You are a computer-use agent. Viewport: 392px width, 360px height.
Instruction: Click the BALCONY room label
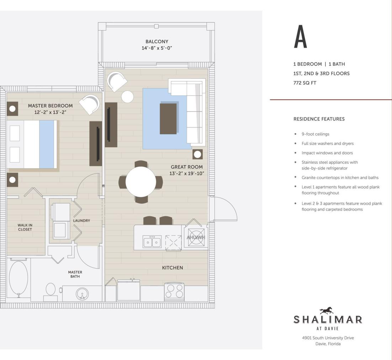point(157,41)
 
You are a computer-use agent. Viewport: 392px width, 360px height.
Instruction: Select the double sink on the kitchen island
point(152,242)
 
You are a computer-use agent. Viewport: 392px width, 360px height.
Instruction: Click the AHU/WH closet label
point(196,238)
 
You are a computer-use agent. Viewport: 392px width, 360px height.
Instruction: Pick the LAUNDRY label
point(81,221)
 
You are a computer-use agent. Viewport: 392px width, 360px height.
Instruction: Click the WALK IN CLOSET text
point(25,227)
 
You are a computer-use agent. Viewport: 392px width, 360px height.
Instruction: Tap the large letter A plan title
point(300,37)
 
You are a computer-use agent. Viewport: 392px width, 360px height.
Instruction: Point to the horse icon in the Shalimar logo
point(327,311)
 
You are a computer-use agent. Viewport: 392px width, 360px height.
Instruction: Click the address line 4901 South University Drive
point(328,338)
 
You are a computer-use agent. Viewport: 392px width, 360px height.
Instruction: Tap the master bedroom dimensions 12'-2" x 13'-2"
point(50,112)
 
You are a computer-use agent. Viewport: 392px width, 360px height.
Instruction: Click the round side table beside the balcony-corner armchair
point(127,96)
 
